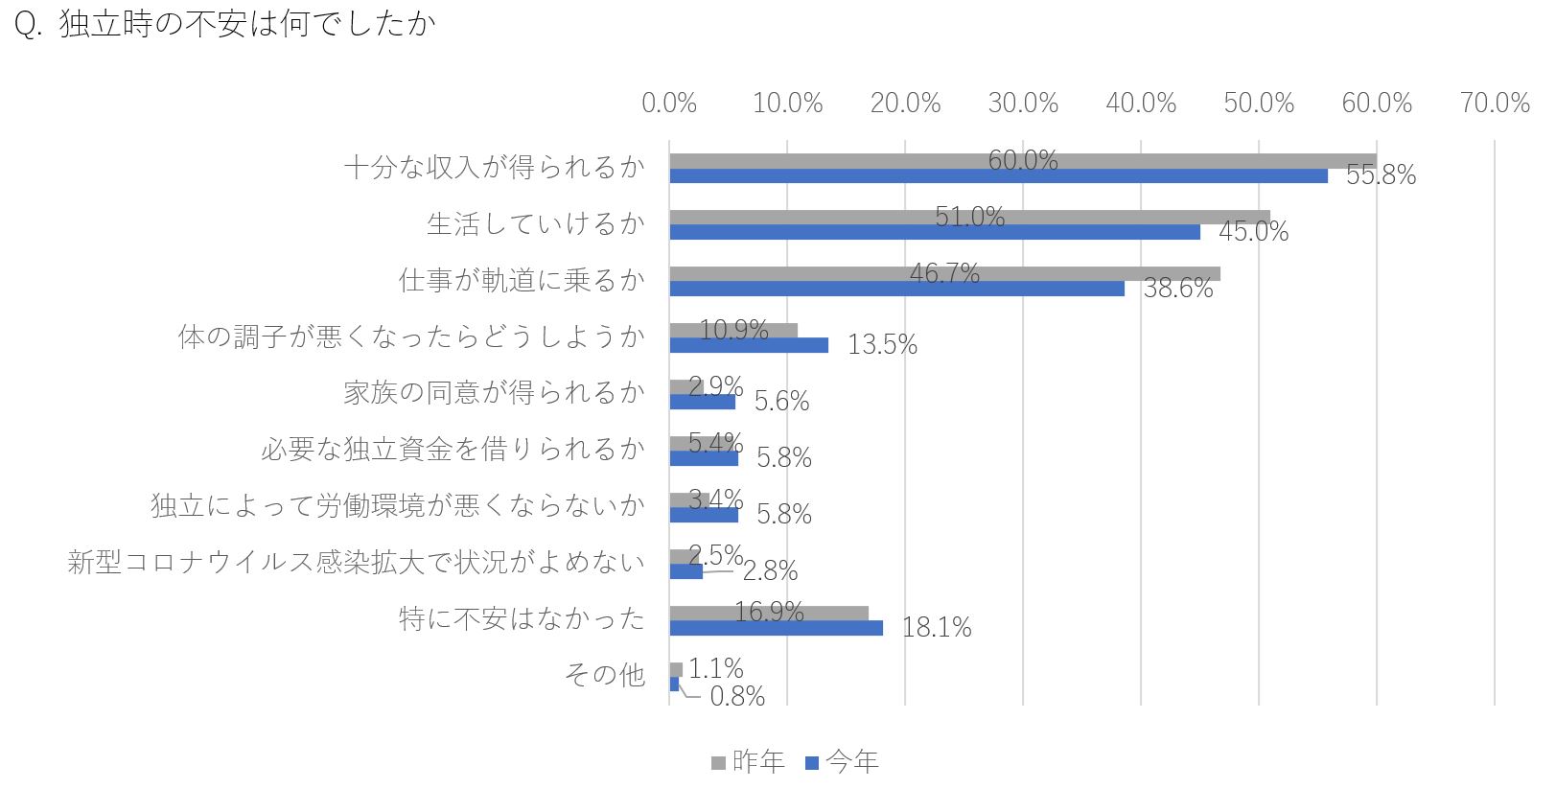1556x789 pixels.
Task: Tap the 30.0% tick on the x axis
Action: pyautogui.click(x=1023, y=103)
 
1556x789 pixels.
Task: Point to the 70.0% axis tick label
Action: pyautogui.click(x=1495, y=103)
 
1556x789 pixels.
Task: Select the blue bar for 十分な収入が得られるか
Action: pyautogui.click(x=998, y=175)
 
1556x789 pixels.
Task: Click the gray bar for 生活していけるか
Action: pyautogui.click(x=969, y=217)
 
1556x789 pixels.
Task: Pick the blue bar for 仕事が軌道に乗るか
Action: pyautogui.click(x=896, y=289)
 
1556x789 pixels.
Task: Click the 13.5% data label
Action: pyautogui.click(x=882, y=344)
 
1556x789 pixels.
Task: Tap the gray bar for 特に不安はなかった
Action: pyautogui.click(x=769, y=613)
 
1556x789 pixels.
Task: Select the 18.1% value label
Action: pyautogui.click(x=937, y=628)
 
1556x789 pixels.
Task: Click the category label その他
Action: pyautogui.click(x=604, y=674)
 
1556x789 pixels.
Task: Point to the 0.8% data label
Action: pyautogui.click(x=737, y=696)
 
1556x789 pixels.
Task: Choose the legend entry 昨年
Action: pyautogui.click(x=749, y=762)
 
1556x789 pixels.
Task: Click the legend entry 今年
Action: pyautogui.click(x=843, y=762)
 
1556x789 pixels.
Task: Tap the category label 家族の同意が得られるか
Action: pyautogui.click(x=494, y=393)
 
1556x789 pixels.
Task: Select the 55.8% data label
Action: pyautogui.click(x=1381, y=175)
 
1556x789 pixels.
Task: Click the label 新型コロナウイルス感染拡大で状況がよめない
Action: pyautogui.click(x=357, y=562)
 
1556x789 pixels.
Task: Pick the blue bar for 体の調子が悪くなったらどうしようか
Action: pyautogui.click(x=749, y=345)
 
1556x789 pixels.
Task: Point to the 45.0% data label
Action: pyautogui.click(x=1254, y=231)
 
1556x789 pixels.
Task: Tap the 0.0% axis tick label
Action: pyautogui.click(x=669, y=103)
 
